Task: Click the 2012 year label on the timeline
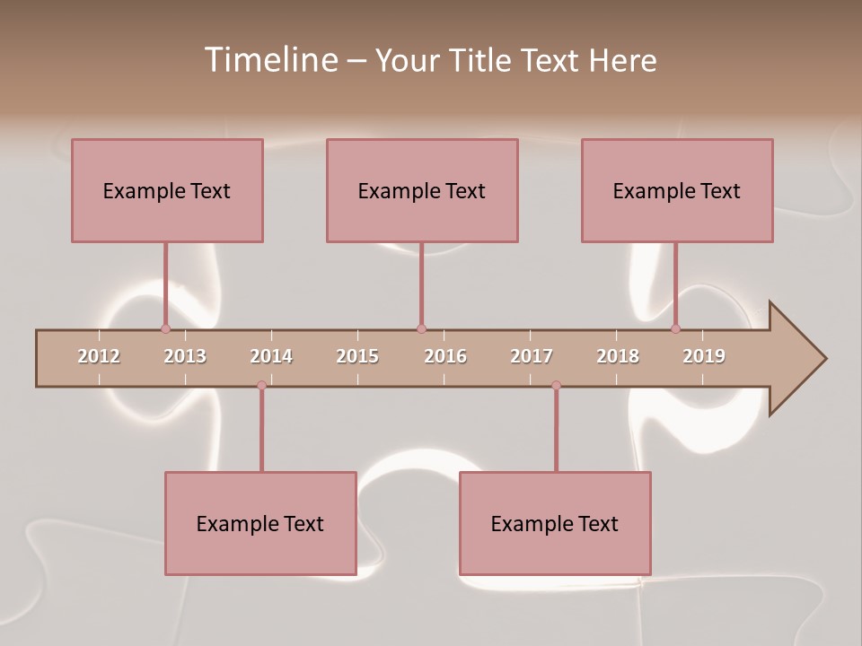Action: (99, 356)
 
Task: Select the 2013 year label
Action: (185, 356)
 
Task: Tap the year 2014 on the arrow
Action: (271, 356)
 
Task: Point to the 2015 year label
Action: (357, 356)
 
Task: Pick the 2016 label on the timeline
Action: (445, 356)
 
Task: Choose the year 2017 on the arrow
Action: (532, 356)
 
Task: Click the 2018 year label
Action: (618, 356)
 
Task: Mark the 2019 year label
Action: (704, 356)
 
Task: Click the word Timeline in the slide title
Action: (270, 60)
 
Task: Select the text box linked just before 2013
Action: (167, 190)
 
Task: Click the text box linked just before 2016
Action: (422, 190)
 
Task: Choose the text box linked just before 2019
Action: (677, 190)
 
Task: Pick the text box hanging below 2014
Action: (260, 523)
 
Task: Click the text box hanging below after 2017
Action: (555, 523)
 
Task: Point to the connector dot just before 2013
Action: (165, 329)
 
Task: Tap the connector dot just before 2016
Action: (421, 329)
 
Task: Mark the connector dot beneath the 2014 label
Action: (261, 386)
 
